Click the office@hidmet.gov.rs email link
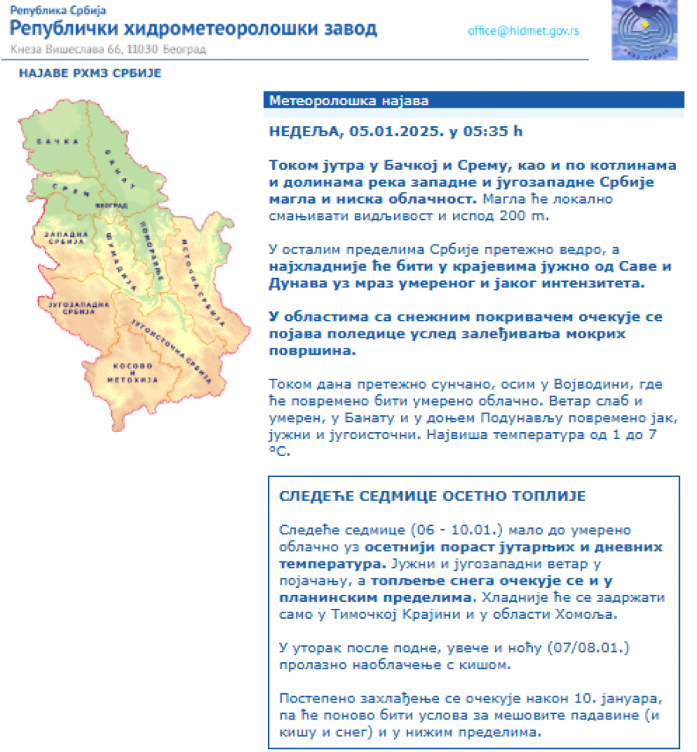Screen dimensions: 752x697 click(523, 31)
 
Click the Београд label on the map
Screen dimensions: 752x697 click(109, 206)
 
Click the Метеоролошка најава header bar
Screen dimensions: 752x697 click(475, 101)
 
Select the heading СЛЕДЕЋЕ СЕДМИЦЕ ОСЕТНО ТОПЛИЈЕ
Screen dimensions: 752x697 click(433, 496)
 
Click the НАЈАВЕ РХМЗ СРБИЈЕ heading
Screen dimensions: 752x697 click(90, 74)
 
